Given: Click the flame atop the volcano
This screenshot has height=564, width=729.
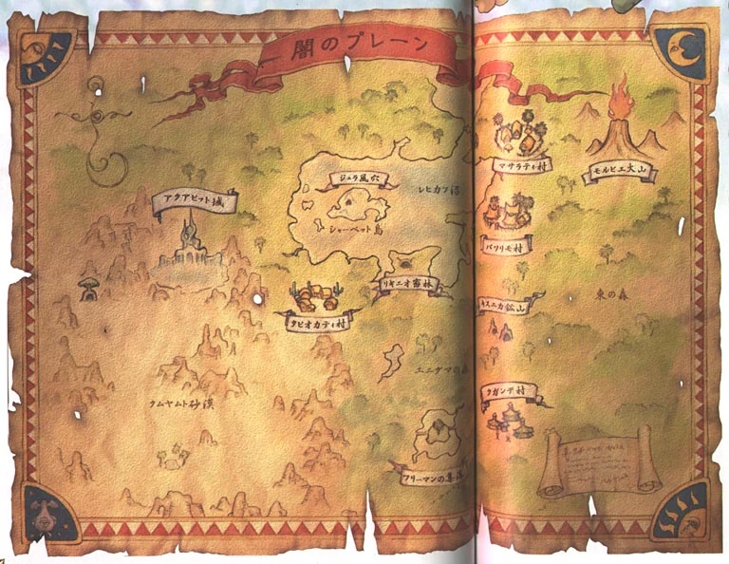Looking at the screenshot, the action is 622,96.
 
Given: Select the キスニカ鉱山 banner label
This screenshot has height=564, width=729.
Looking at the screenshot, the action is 504,307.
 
